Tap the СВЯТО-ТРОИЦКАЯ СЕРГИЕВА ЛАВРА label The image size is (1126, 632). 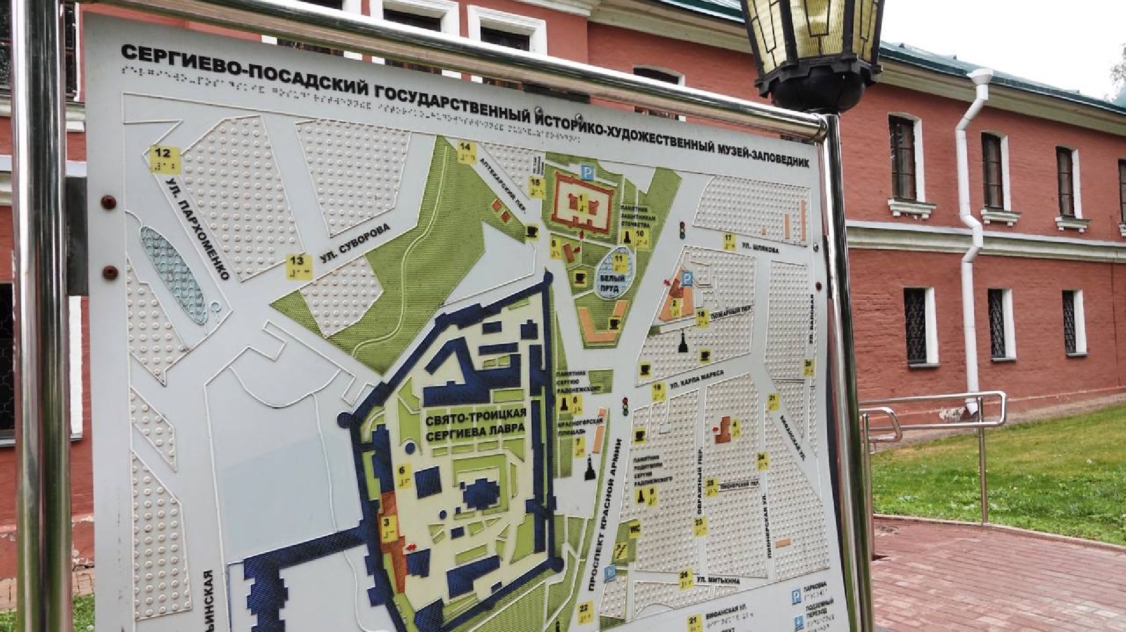475,425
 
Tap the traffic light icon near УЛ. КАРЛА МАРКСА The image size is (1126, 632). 625,406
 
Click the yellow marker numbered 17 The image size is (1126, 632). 729,241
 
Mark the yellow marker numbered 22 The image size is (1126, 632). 584,611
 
